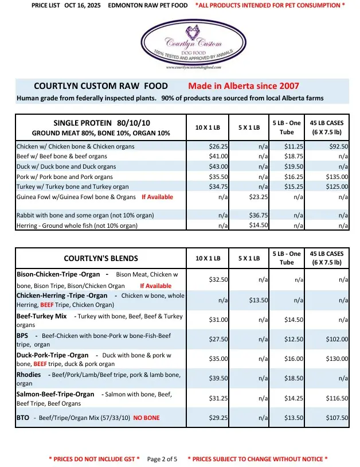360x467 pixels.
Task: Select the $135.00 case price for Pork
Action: (x=336, y=177)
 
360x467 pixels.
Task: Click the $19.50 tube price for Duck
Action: (x=294, y=166)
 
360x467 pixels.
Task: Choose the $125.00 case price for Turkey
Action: (x=336, y=187)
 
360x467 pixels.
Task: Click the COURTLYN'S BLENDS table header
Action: (x=101, y=258)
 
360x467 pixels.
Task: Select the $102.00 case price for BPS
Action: (x=336, y=339)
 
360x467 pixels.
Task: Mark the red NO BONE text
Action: (x=146, y=418)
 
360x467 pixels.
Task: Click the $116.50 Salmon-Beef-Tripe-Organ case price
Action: (x=336, y=398)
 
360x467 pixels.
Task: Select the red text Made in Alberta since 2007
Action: (x=244, y=86)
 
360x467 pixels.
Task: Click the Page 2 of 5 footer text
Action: (x=162, y=459)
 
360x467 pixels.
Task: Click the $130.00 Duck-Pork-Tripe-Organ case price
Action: (x=336, y=359)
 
